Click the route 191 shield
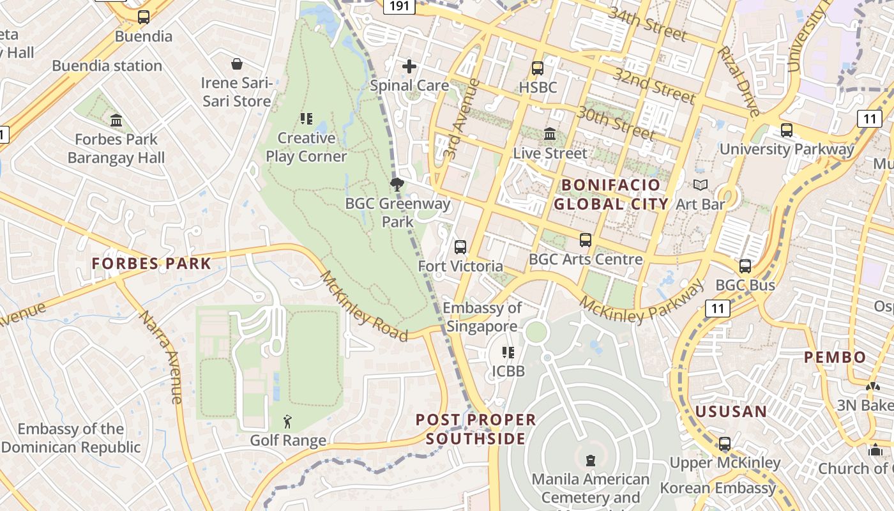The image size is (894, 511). (x=399, y=6)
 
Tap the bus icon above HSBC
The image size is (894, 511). (x=538, y=68)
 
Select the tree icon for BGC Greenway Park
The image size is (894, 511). (x=397, y=185)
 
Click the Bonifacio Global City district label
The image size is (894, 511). (x=610, y=195)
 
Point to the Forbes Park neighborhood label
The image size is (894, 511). (x=151, y=263)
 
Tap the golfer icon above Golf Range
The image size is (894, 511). (x=288, y=422)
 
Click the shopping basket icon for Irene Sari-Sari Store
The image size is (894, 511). (x=237, y=64)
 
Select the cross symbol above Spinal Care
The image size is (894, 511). (x=409, y=66)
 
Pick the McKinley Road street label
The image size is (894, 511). (x=363, y=306)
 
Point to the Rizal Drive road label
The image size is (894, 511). (x=739, y=80)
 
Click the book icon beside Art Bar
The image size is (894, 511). (x=701, y=185)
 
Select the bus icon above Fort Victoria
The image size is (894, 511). (x=460, y=247)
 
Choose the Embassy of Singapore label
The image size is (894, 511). (x=482, y=317)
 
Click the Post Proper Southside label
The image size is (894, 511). (x=476, y=429)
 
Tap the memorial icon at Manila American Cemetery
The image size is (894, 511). (x=591, y=460)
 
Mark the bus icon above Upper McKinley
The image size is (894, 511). (x=725, y=443)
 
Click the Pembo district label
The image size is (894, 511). (x=835, y=357)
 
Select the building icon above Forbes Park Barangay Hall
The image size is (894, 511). (x=116, y=120)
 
